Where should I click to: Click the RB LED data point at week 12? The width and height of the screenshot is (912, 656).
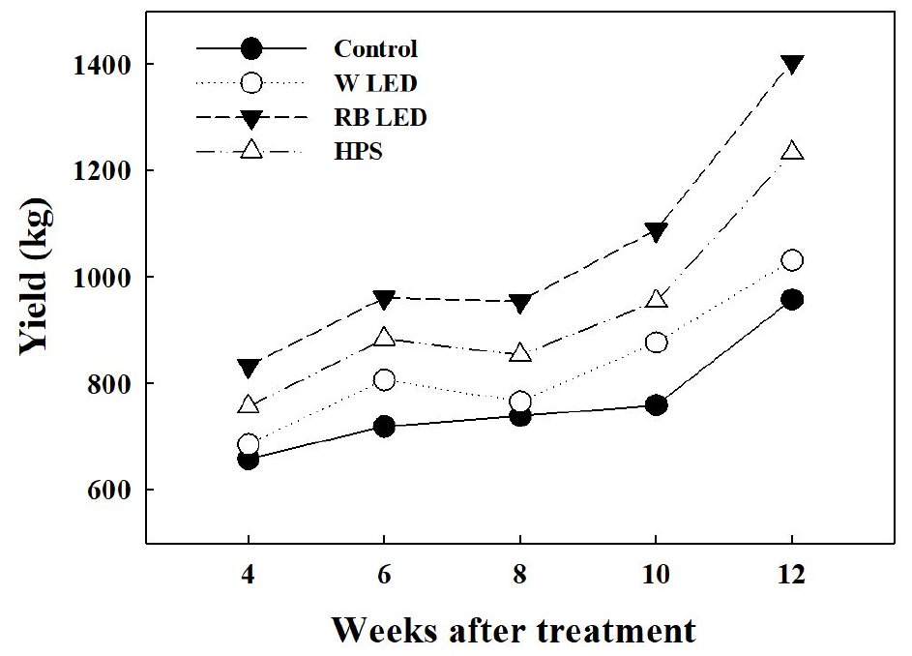click(x=792, y=64)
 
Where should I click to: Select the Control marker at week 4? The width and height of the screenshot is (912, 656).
click(x=249, y=460)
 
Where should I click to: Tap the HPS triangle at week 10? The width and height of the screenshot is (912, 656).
click(x=656, y=298)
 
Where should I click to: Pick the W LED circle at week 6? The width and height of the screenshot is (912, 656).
click(x=384, y=380)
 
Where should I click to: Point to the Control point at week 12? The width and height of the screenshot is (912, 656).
click(x=792, y=300)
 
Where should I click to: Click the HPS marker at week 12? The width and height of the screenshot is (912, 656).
click(x=792, y=151)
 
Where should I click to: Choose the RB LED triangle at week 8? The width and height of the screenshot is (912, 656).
click(x=520, y=304)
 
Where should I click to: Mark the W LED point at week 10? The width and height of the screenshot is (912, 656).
click(x=656, y=343)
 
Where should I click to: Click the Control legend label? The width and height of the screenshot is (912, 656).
click(x=375, y=47)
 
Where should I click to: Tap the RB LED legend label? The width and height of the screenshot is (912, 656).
click(x=379, y=117)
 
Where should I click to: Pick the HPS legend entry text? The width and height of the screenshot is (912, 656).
click(x=359, y=152)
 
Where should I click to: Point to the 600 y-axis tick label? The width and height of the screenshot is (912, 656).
click(x=111, y=491)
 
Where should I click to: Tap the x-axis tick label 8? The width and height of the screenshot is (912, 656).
click(x=520, y=574)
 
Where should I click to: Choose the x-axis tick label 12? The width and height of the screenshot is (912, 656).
click(x=792, y=574)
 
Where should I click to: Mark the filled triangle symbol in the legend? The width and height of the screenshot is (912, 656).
click(x=250, y=117)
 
